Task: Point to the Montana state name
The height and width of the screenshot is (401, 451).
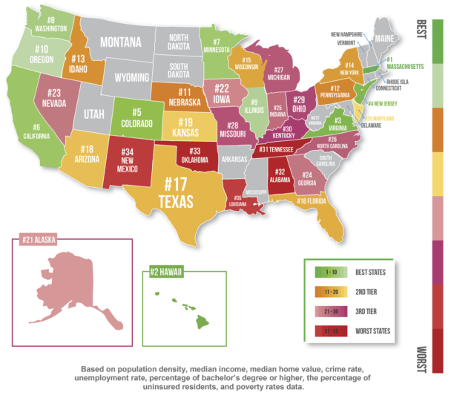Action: pos(121,42)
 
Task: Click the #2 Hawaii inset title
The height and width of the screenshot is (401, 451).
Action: pos(167,270)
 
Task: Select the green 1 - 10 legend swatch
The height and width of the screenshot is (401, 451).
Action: pos(324,273)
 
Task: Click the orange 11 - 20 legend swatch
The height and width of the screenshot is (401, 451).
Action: pos(324,292)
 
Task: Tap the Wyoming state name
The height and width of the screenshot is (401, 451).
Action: pos(126,77)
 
